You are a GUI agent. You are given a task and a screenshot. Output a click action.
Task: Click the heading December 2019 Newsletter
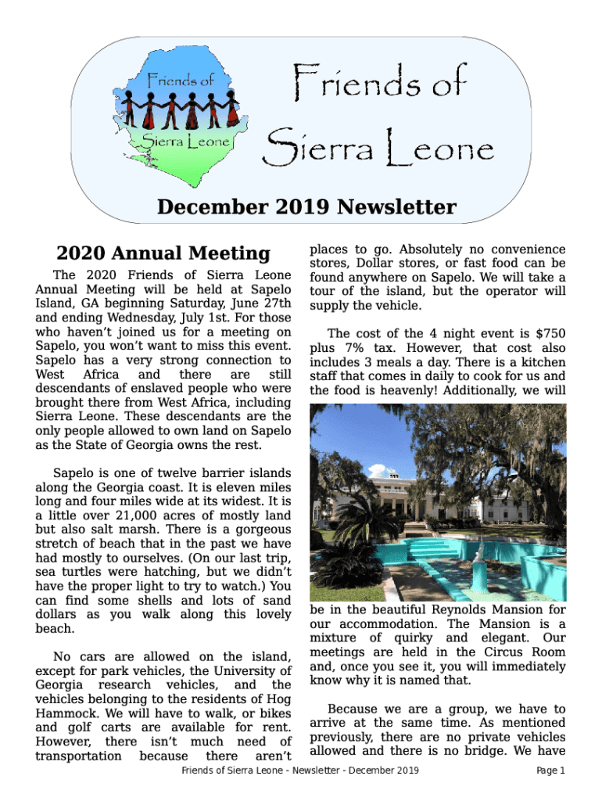(x=306, y=207)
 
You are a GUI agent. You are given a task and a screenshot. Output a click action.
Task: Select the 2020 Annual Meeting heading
(x=163, y=253)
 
